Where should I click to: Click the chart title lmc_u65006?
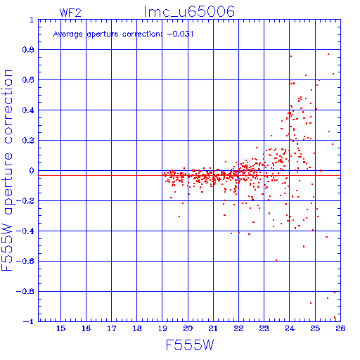pyautogui.click(x=189, y=12)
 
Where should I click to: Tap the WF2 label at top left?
pyautogui.click(x=70, y=13)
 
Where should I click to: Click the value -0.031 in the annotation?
pyautogui.click(x=180, y=34)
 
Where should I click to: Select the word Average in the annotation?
pyautogui.click(x=68, y=34)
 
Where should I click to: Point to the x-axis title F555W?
pyautogui.click(x=190, y=345)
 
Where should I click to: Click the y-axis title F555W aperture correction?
pyautogui.click(x=7, y=170)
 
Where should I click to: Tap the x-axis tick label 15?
pyautogui.click(x=60, y=328)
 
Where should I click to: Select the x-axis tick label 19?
pyautogui.click(x=162, y=328)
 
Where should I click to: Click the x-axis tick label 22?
pyautogui.click(x=238, y=328)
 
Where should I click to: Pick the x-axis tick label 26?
pyautogui.click(x=340, y=328)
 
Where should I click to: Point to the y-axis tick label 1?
pyautogui.click(x=32, y=20)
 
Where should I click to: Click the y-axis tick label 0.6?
pyautogui.click(x=28, y=80)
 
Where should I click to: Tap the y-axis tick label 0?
pyautogui.click(x=32, y=171)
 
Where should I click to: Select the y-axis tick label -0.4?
pyautogui.click(x=25, y=231)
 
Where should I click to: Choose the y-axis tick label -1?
pyautogui.click(x=29, y=321)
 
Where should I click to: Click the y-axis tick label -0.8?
pyautogui.click(x=25, y=291)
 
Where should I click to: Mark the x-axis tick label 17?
pyautogui.click(x=112, y=328)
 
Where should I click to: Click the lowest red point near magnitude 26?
pyautogui.click(x=335, y=317)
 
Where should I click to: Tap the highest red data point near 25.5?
pyautogui.click(x=328, y=54)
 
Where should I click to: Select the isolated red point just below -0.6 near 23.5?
pyautogui.click(x=276, y=260)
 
